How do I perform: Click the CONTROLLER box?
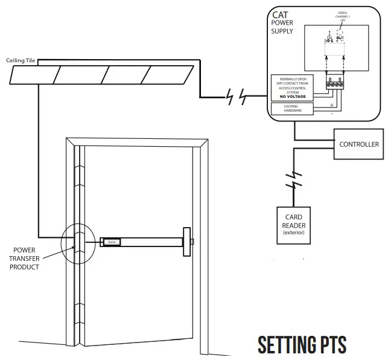coord(359,144)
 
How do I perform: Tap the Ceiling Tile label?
coord(22,60)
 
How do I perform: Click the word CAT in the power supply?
coord(280,14)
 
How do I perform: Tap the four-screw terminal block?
coord(335,85)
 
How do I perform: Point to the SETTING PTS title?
coord(302,345)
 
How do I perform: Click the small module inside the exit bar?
coord(111,242)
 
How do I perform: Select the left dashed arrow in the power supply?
coord(326,62)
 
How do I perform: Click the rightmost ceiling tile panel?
coord(170,74)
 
